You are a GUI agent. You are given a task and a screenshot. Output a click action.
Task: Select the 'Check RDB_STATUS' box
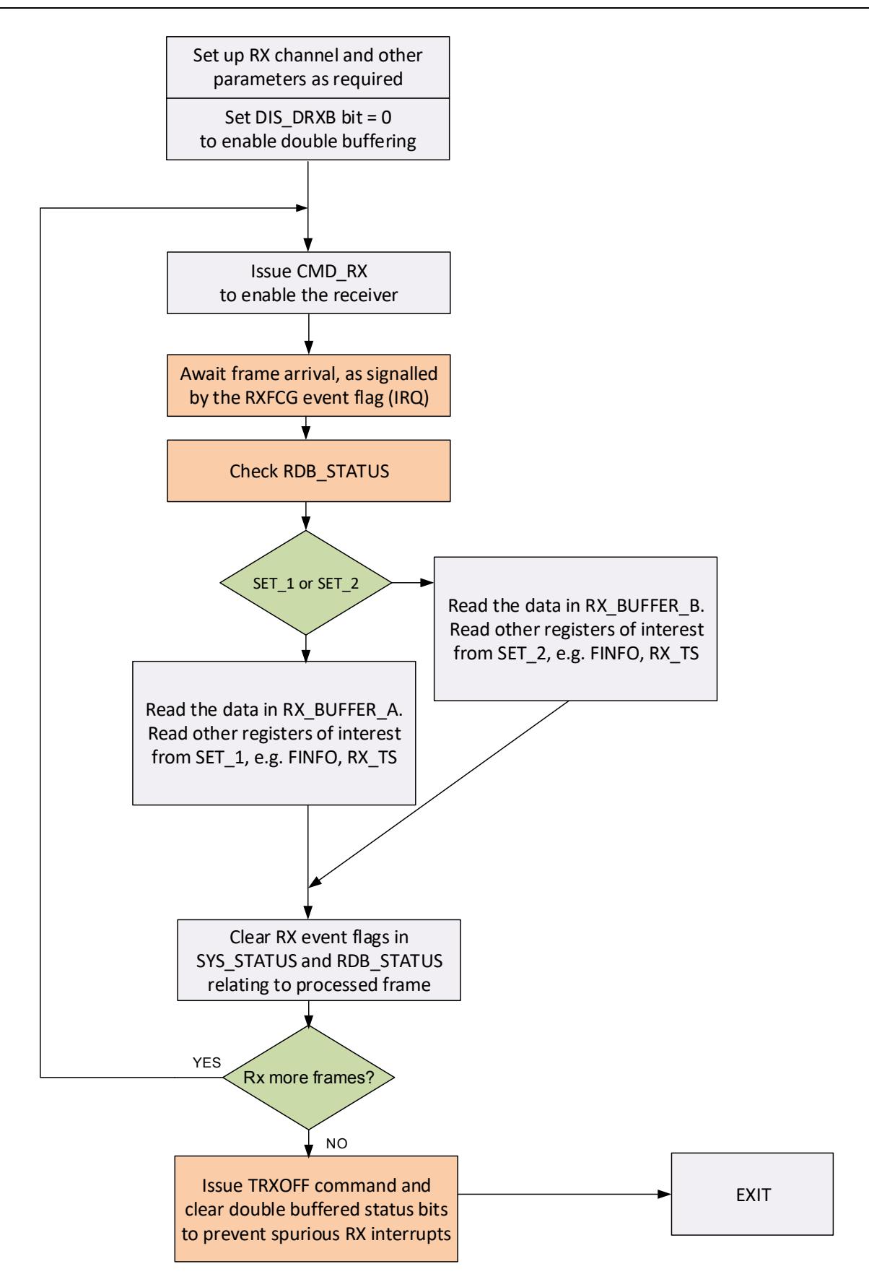[x=308, y=472]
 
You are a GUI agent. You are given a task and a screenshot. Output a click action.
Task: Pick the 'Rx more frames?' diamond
[x=308, y=1078]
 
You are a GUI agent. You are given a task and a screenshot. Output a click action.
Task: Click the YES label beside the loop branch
[x=206, y=1063]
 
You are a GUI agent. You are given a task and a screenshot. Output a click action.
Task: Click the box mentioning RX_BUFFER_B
[x=575, y=628]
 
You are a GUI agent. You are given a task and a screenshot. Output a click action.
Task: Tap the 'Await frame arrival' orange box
[x=308, y=386]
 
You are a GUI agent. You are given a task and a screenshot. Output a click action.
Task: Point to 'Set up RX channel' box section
[x=308, y=67]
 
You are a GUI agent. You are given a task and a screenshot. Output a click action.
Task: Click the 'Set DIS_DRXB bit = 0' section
[x=308, y=128]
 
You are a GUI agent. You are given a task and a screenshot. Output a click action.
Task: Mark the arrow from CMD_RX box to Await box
[x=308, y=334]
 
